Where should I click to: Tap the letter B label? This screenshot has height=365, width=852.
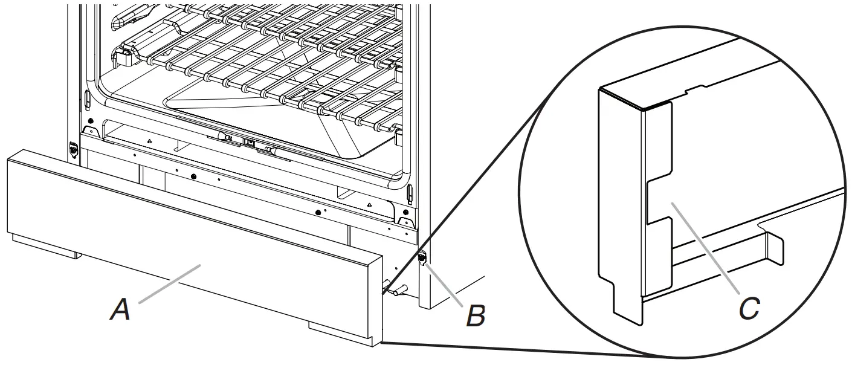476,315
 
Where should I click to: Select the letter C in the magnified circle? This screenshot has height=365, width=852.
749,309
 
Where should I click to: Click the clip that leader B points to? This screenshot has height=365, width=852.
422,259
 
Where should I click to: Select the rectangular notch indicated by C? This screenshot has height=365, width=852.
659,203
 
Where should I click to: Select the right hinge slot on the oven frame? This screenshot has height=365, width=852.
410,194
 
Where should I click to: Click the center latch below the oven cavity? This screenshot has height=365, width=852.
248,143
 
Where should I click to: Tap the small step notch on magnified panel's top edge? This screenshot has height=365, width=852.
695,91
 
